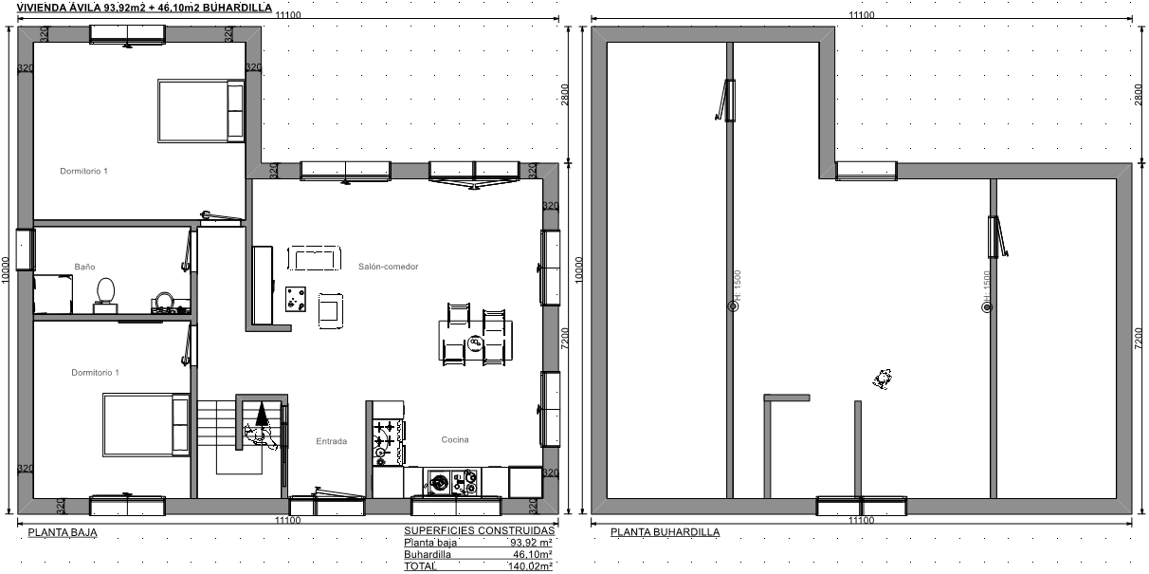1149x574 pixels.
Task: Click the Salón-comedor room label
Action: [389, 267]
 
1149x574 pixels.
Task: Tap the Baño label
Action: [84, 267]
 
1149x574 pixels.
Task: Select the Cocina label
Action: [455, 439]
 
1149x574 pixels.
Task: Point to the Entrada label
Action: [332, 441]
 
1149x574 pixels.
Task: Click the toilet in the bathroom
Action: [105, 295]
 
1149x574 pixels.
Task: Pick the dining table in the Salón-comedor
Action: [476, 340]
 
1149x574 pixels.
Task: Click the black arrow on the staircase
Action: [262, 414]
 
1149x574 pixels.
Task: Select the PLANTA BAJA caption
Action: [63, 532]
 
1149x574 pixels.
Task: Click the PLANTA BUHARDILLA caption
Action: [665, 532]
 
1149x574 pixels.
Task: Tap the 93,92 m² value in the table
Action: [531, 543]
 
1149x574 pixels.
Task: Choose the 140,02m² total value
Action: [530, 566]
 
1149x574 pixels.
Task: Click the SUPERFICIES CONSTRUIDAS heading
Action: [480, 531]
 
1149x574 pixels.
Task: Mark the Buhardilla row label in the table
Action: [428, 554]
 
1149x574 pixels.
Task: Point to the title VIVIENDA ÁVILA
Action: [59, 8]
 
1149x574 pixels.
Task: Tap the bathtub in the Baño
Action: [53, 294]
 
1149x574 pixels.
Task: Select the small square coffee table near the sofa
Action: [296, 299]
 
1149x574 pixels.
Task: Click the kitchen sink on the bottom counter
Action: [439, 483]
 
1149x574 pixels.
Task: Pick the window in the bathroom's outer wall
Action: [26, 250]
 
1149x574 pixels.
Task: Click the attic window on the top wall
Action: [866, 171]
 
